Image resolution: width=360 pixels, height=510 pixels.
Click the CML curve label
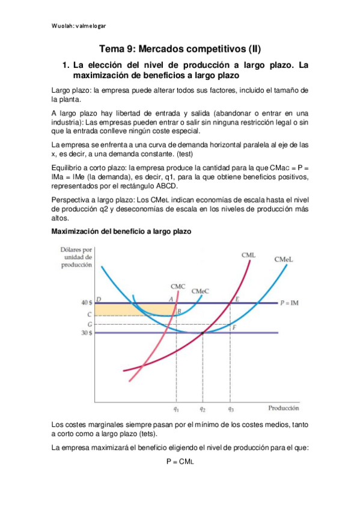[249, 255]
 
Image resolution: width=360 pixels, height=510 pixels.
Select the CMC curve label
[178, 286]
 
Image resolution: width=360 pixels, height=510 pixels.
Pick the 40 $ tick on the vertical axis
[86, 303]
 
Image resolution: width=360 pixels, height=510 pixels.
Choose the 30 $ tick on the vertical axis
[86, 333]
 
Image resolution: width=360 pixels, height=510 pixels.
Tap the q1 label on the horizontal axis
[176, 410]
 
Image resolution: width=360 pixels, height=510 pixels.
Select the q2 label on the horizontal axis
[203, 410]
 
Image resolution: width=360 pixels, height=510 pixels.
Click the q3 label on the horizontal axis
[230, 410]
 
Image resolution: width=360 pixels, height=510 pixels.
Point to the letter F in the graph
[234, 327]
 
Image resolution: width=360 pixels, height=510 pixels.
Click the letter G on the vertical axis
[89, 324]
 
